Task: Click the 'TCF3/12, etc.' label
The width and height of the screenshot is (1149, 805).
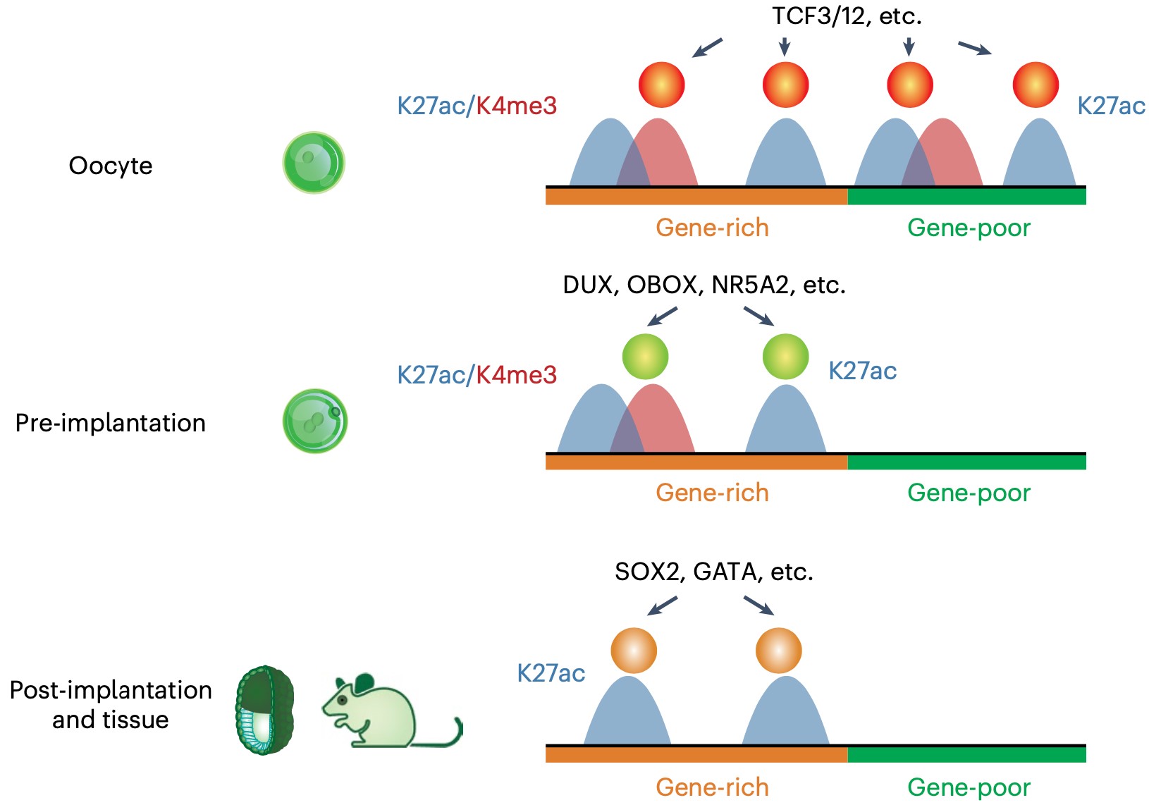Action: click(847, 16)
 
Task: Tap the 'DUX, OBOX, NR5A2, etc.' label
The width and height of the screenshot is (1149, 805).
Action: click(703, 285)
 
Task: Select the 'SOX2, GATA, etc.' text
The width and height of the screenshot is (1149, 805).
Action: click(713, 571)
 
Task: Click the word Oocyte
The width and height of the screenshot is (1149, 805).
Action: click(111, 166)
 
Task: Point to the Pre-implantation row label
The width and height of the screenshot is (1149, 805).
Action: click(111, 423)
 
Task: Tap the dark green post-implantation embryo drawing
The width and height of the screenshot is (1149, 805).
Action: click(264, 710)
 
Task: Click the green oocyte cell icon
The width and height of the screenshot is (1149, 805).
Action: click(314, 162)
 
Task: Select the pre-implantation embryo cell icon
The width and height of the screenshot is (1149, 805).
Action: click(315, 421)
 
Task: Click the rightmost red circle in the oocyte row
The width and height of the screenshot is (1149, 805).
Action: click(1035, 85)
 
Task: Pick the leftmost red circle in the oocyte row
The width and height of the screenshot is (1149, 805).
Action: click(661, 85)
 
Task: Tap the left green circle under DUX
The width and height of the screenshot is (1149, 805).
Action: click(645, 357)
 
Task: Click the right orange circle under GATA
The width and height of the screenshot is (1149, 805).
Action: click(778, 651)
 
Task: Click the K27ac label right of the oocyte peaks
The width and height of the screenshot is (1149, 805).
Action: click(1111, 106)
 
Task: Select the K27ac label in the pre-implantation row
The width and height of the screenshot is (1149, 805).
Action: click(862, 371)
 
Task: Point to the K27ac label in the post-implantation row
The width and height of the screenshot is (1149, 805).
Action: click(551, 673)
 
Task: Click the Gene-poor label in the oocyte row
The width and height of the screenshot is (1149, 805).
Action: click(969, 228)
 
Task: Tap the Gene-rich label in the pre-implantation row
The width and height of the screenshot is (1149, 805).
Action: click(712, 493)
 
